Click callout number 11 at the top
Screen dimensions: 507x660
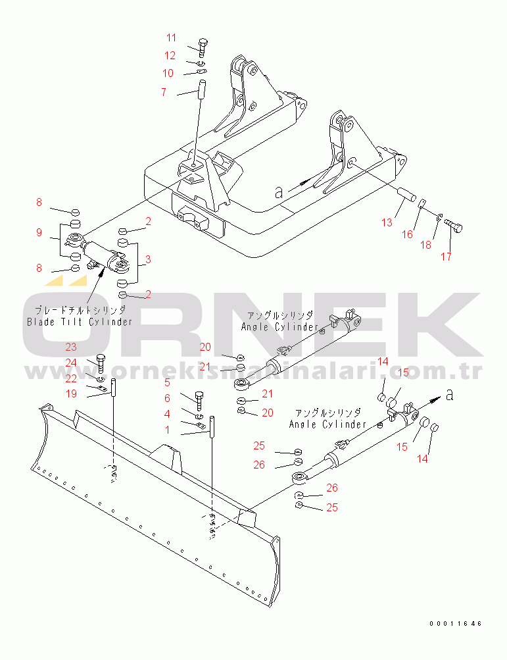[x=171, y=38]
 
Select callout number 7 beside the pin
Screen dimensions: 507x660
[x=164, y=92]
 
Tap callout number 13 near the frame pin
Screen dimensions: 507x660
[x=387, y=222]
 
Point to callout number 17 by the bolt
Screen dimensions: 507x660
[x=446, y=257]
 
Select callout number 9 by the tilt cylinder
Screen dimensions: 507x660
[x=39, y=232]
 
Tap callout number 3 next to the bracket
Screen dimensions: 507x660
[x=148, y=259]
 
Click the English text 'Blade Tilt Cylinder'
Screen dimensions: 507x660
[x=80, y=322]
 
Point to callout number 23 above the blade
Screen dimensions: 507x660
[x=71, y=347]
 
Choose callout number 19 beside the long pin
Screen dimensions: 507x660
[x=72, y=393]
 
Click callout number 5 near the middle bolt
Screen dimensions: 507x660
[x=167, y=382]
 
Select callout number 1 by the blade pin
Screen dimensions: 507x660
[x=168, y=430]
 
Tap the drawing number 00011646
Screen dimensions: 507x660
[x=456, y=623]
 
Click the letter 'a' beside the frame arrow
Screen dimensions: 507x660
[x=279, y=192]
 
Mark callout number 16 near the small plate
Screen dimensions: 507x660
[x=407, y=234]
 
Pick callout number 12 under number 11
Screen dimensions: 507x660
[x=170, y=55]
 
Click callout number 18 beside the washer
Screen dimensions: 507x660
[x=426, y=245]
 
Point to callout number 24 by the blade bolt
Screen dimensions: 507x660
[x=71, y=363]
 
